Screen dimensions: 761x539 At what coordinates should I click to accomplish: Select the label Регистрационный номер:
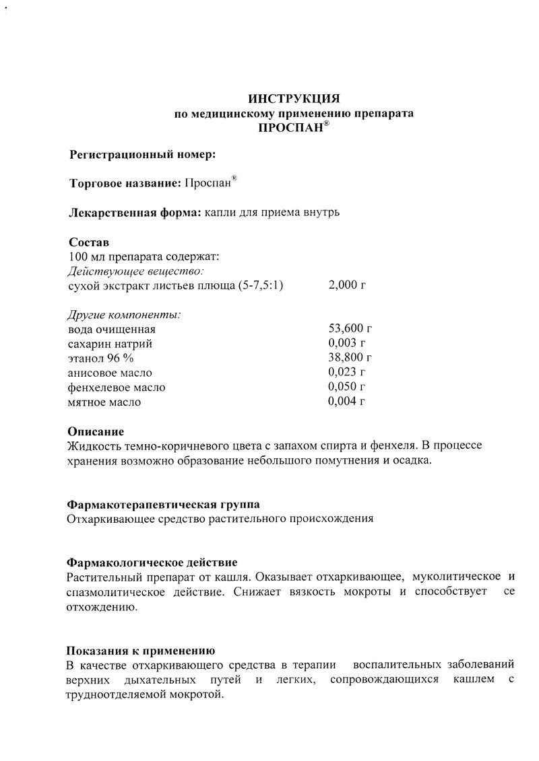[143, 155]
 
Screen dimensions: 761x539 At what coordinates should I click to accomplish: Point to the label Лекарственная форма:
[135, 213]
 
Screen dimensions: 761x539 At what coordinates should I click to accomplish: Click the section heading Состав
[88, 242]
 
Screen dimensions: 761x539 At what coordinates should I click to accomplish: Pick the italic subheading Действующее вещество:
[135, 271]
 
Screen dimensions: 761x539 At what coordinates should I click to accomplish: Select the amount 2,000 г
[347, 285]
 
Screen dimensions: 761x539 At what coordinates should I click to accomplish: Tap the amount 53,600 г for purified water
[350, 329]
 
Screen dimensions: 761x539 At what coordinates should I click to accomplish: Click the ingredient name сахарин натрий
[110, 344]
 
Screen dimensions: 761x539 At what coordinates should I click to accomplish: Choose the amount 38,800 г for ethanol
[350, 358]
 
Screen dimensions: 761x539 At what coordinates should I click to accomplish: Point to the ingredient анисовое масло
[110, 373]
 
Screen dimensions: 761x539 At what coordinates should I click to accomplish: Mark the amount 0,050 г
[346, 388]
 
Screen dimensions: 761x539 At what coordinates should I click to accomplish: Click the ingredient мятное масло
[104, 402]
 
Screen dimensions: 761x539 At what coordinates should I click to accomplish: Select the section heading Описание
[96, 431]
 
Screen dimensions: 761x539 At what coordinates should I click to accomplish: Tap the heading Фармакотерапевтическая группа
[163, 505]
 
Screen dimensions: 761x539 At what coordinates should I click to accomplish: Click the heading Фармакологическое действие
[152, 562]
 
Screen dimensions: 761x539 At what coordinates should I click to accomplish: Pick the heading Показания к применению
[140, 651]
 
